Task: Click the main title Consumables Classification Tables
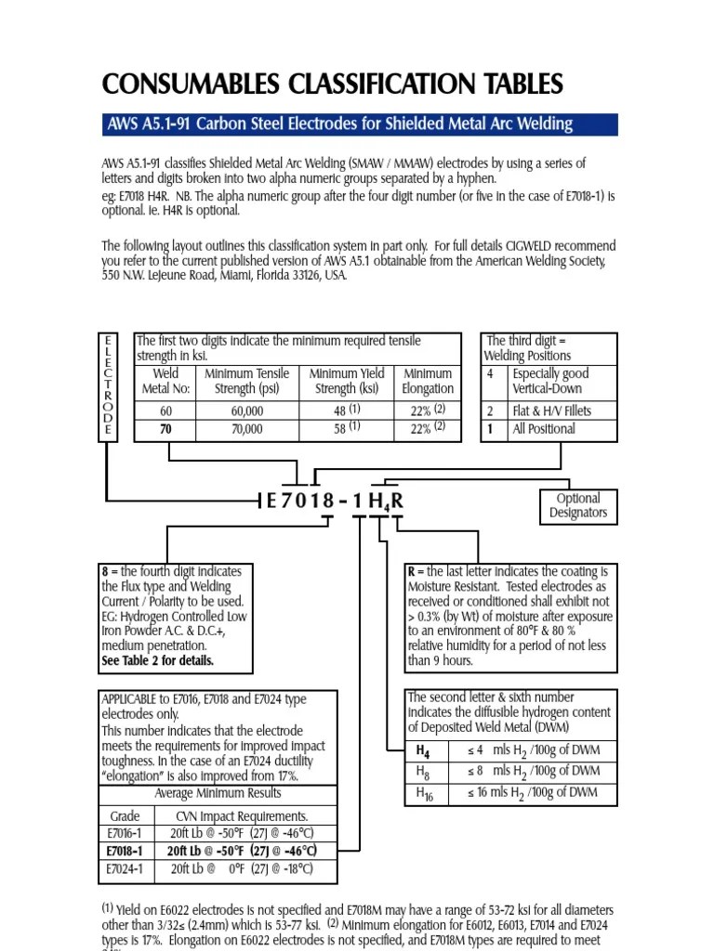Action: click(x=333, y=85)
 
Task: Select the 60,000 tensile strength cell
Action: click(x=240, y=410)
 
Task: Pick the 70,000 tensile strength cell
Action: click(x=240, y=429)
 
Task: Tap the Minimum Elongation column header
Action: click(x=428, y=381)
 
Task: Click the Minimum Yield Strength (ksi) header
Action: click(x=346, y=381)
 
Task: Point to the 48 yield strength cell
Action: click(x=345, y=410)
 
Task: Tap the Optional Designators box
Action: click(x=577, y=505)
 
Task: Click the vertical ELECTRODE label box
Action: click(x=108, y=384)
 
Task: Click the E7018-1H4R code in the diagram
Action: click(x=335, y=502)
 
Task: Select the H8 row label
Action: click(x=423, y=771)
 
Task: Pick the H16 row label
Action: click(x=424, y=793)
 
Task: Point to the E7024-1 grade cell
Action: click(x=125, y=869)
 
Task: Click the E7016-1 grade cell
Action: click(x=125, y=833)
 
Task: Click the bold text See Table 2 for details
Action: click(x=157, y=661)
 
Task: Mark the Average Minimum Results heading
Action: click(x=218, y=794)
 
